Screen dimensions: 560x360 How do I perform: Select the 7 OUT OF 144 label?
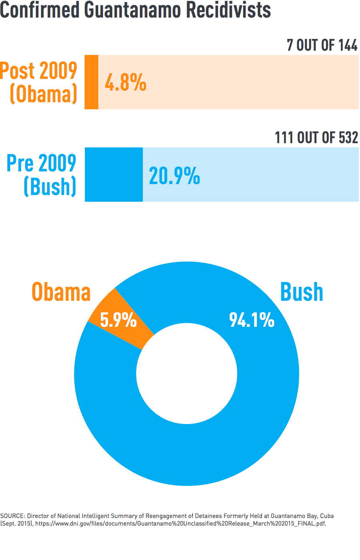tap(322, 45)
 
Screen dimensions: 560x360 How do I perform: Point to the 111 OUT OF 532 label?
tap(316, 138)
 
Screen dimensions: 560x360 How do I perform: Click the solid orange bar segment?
tap(92, 82)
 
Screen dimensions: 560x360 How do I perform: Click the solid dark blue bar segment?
tap(114, 174)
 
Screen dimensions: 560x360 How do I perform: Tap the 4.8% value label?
tap(125, 82)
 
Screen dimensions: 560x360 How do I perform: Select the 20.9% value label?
tap(174, 176)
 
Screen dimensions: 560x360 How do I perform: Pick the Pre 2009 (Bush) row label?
tap(42, 175)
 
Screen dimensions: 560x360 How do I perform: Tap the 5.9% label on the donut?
tap(118, 320)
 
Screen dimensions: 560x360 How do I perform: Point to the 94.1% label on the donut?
tap(252, 320)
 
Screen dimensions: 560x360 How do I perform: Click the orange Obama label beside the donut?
tap(61, 292)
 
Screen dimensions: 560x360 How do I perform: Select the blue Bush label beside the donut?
tap(302, 292)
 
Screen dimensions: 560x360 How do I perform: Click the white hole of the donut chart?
tap(187, 374)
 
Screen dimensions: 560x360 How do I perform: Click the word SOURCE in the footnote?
tap(12, 516)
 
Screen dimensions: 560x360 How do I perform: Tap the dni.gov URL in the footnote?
tap(180, 523)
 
